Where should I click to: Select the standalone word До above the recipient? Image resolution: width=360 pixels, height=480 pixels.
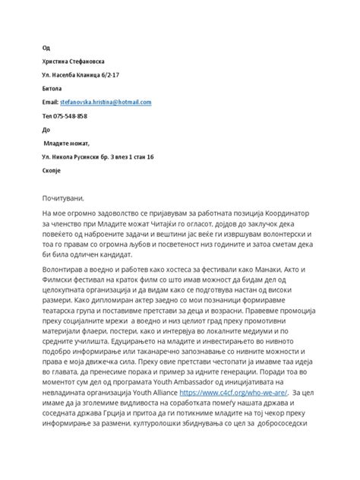[x=45, y=129]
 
